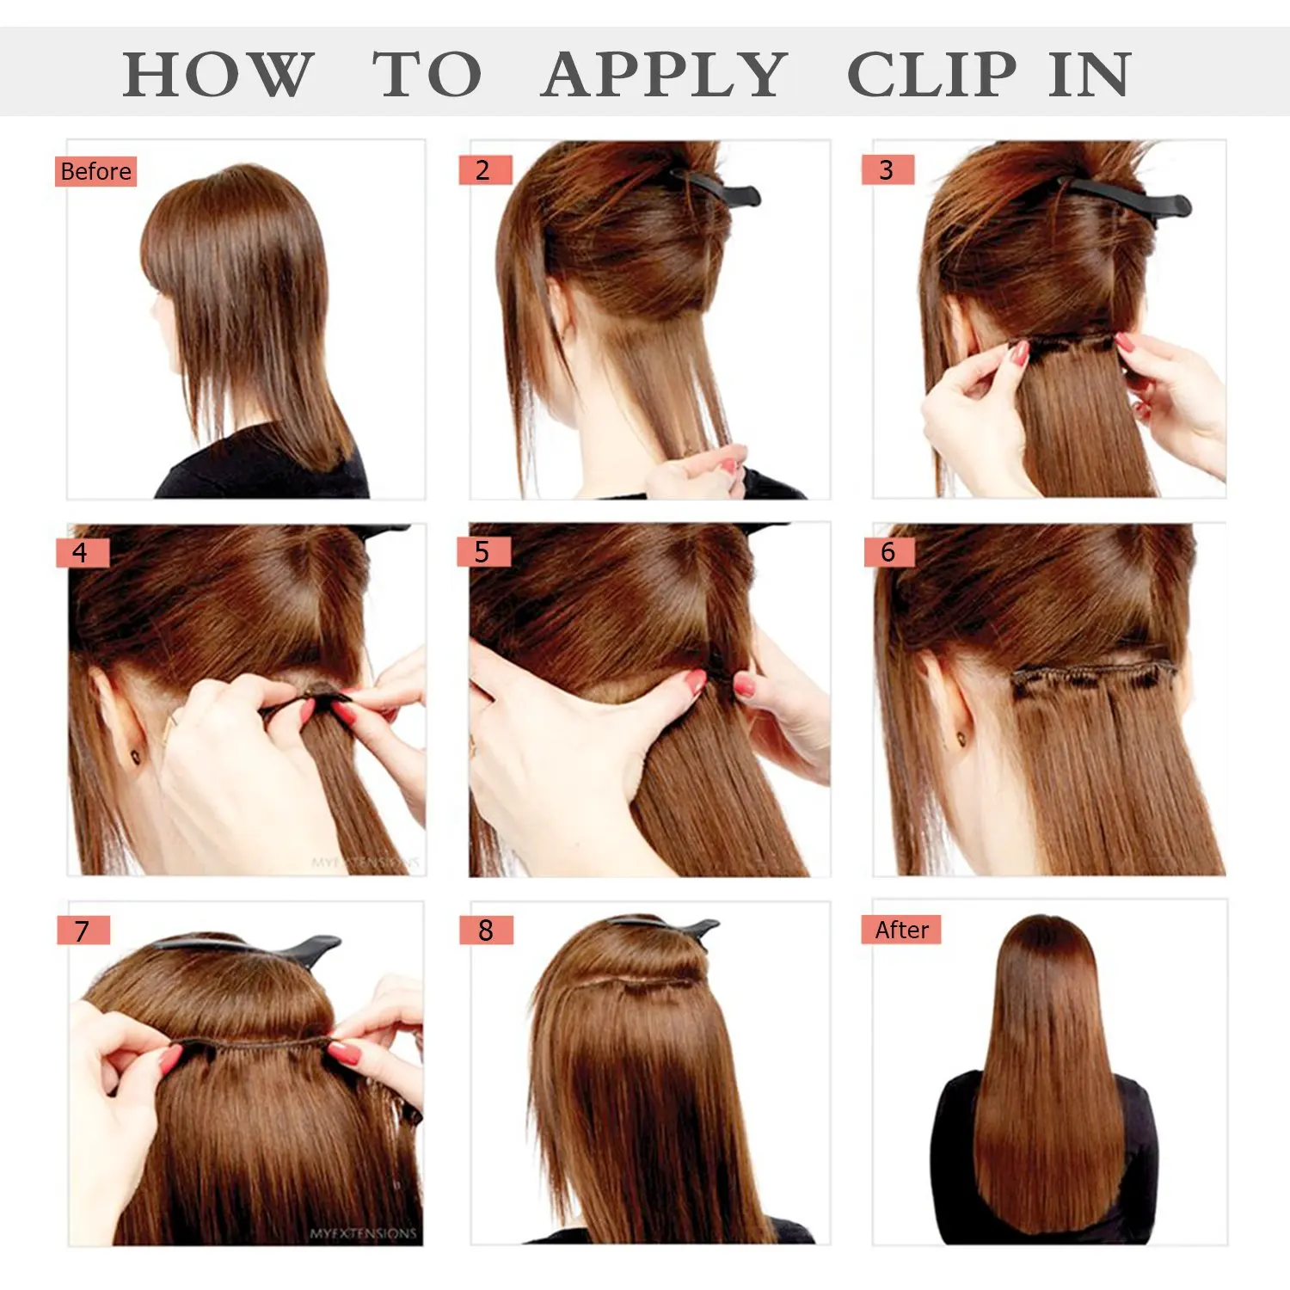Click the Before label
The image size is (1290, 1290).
coord(95,171)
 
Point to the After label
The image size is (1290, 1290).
coord(901,930)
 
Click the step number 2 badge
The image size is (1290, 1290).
coord(484,170)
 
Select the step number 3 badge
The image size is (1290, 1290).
coord(887,170)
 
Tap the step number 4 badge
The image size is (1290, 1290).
coord(81,552)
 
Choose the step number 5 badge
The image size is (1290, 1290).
coord(482,552)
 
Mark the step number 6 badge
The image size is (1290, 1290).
coord(888,552)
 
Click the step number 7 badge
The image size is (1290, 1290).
coord(83,931)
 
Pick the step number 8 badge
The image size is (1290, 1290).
coord(486,931)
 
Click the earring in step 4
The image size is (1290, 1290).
coord(136,757)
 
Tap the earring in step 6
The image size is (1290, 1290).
coord(961,736)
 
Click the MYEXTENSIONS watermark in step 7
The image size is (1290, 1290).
coord(364,1233)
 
